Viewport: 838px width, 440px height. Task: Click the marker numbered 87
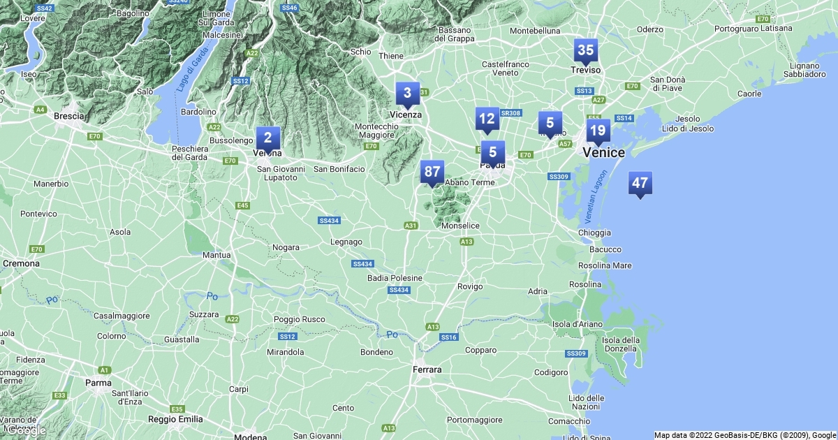pos(432,172)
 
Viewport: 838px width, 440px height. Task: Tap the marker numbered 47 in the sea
pos(640,184)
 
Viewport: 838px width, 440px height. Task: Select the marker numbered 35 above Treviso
pos(585,50)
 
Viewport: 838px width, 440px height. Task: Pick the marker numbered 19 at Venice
pos(597,131)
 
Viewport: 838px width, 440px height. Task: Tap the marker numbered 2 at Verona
pos(267,138)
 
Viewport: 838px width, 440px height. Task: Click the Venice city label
pos(603,152)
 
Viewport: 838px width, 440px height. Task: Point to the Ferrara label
pos(427,369)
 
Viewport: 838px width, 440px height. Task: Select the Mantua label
pos(216,255)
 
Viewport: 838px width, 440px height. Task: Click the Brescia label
pos(68,116)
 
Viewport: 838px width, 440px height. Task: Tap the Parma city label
pos(98,382)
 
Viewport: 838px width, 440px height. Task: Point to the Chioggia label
pos(594,233)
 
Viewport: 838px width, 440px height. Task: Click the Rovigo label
pos(470,286)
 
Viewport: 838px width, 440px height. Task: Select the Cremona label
pos(22,263)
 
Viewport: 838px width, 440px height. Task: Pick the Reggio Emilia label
pos(176,419)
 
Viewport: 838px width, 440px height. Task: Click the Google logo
pos(26,430)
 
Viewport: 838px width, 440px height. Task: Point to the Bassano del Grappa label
pos(455,34)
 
